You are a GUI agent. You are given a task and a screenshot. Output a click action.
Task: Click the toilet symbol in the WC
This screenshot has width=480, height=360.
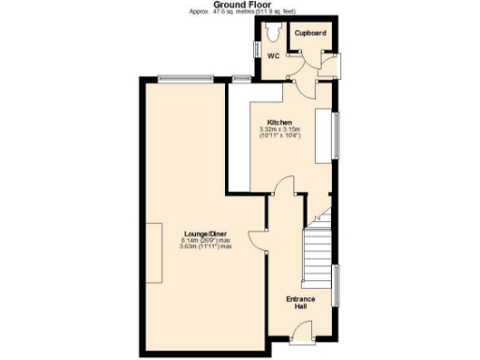[x=273, y=33]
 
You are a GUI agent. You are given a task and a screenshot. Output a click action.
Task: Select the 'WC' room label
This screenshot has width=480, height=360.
[x=274, y=56]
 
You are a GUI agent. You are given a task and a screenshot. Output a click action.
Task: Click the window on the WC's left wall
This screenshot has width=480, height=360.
[x=255, y=46]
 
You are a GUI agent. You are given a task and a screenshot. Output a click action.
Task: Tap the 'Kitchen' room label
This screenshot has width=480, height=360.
[x=279, y=123]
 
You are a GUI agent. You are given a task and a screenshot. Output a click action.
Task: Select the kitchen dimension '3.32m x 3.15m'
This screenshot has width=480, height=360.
[x=280, y=130]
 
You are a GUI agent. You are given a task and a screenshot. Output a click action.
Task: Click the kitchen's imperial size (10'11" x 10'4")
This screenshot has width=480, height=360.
[x=280, y=137]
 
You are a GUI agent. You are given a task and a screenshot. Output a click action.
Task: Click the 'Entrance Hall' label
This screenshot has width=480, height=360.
[x=300, y=302]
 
